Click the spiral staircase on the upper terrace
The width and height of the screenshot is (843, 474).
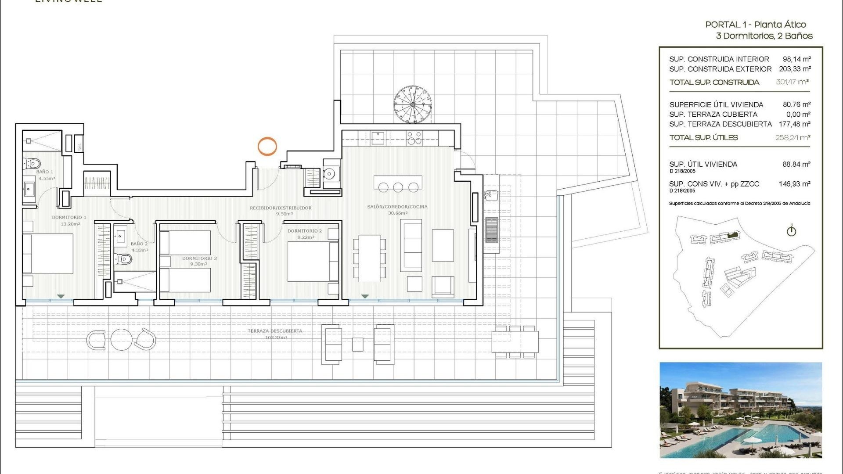click(413, 105)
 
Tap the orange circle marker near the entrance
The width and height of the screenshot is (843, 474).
click(267, 146)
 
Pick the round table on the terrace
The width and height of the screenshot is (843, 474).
click(121, 339)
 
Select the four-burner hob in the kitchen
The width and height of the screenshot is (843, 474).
click(414, 138)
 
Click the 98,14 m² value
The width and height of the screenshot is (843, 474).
click(796, 59)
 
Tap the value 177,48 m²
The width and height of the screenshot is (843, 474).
click(794, 124)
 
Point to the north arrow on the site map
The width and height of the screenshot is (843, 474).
click(791, 230)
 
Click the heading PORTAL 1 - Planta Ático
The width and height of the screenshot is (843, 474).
click(755, 25)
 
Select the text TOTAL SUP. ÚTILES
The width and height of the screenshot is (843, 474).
click(703, 137)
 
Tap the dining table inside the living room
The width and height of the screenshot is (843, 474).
click(369, 259)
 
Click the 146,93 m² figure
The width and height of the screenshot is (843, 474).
click(794, 184)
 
